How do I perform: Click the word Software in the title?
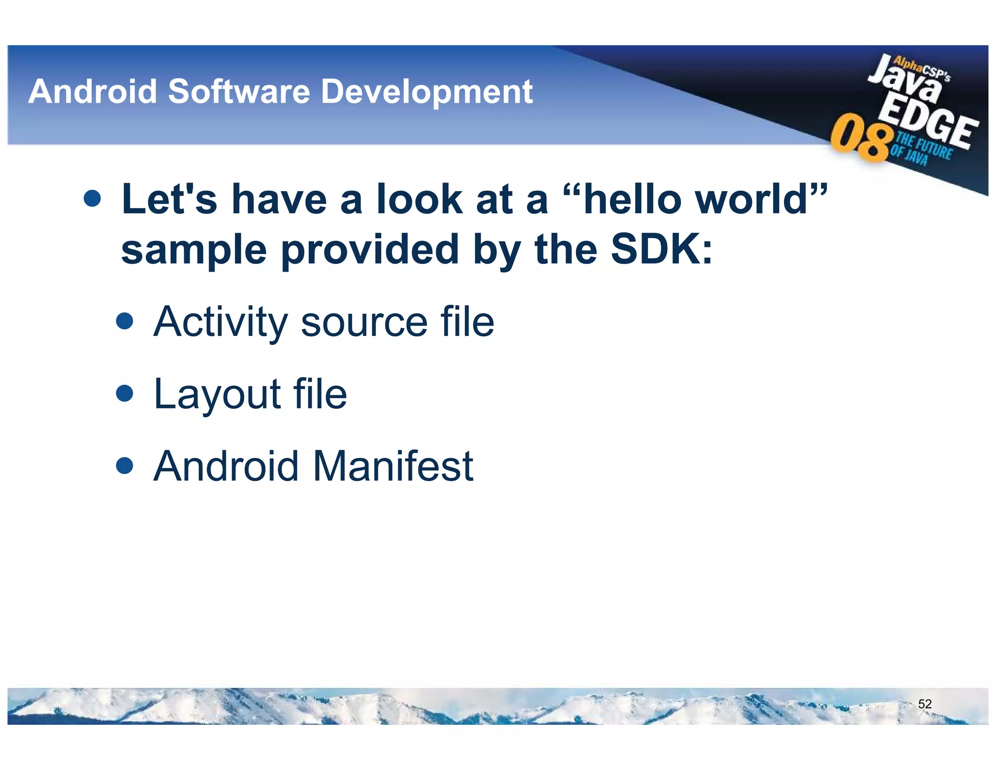click(x=239, y=92)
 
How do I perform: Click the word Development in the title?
click(x=427, y=92)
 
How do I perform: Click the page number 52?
click(x=925, y=704)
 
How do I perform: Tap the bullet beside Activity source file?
click(x=125, y=321)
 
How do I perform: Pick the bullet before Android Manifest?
click(x=125, y=465)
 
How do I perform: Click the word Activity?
click(x=220, y=322)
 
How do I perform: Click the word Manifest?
click(x=393, y=466)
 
